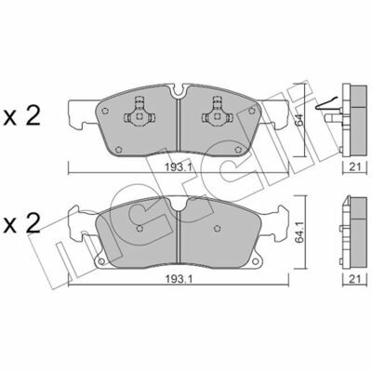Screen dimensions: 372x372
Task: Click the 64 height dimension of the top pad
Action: point(299,120)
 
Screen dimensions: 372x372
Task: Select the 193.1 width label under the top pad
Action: point(179,167)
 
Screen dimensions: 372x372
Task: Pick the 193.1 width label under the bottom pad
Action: point(179,279)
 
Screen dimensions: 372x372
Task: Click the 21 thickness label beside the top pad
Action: point(355,167)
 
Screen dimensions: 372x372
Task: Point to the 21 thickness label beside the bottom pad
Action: point(355,279)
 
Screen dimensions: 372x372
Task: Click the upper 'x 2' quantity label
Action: point(21,116)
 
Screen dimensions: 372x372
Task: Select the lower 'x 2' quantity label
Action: point(21,224)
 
